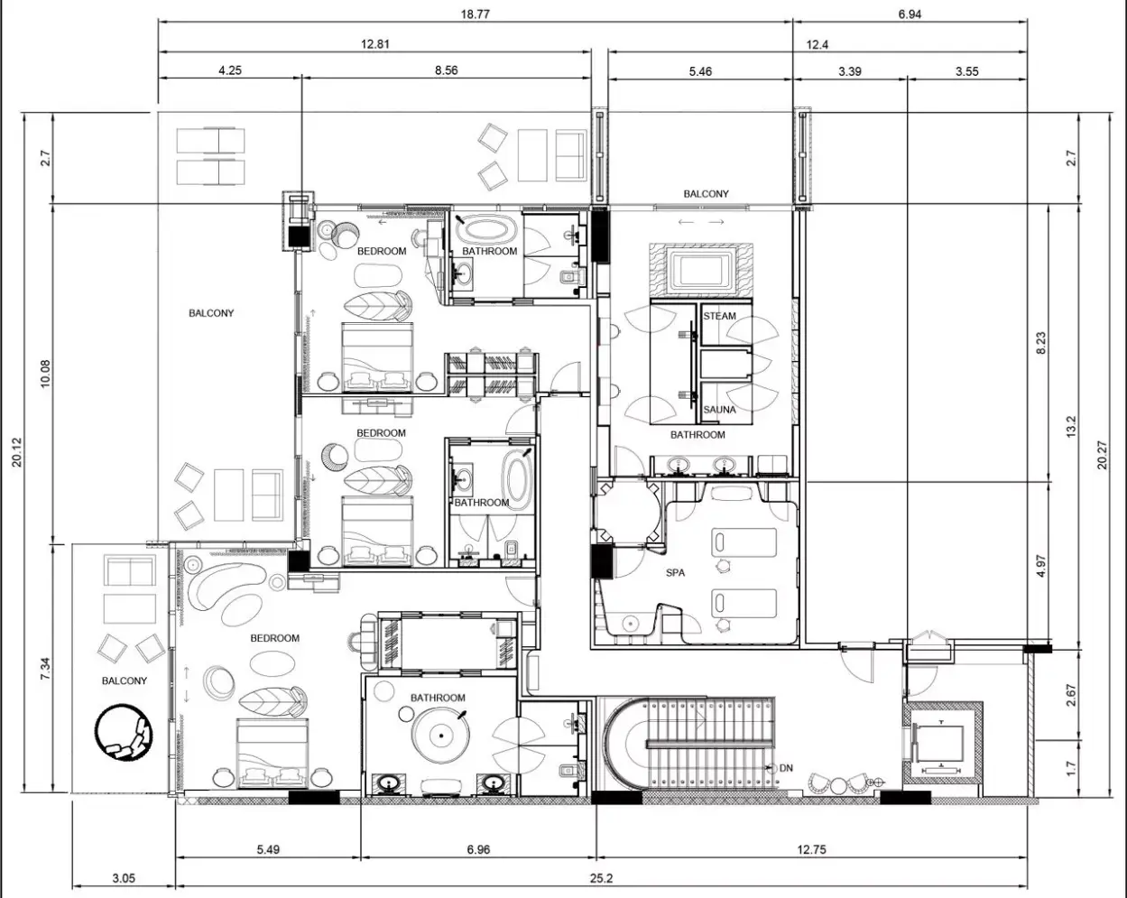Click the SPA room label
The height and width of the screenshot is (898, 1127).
tap(675, 573)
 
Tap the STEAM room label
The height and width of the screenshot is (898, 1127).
tap(719, 316)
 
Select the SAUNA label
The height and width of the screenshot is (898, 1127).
tap(719, 409)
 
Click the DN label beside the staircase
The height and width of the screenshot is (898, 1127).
tap(786, 768)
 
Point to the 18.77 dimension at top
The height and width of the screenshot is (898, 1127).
tap(475, 14)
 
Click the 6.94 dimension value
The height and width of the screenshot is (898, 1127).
tap(910, 14)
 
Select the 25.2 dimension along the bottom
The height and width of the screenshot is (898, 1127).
tap(601, 878)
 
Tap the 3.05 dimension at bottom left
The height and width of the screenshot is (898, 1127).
tap(124, 878)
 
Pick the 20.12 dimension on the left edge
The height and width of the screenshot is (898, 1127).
tap(17, 452)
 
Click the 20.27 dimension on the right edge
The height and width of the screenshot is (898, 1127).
tap(1102, 455)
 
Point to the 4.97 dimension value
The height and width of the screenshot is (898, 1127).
tap(1041, 566)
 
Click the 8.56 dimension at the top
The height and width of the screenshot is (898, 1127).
tap(446, 70)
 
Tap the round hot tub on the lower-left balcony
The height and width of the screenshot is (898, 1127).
tap(125, 733)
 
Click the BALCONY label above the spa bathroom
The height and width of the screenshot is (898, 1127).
tap(706, 194)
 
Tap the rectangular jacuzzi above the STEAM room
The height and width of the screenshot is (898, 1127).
tap(701, 271)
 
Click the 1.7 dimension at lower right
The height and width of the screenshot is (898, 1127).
tap(1071, 769)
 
